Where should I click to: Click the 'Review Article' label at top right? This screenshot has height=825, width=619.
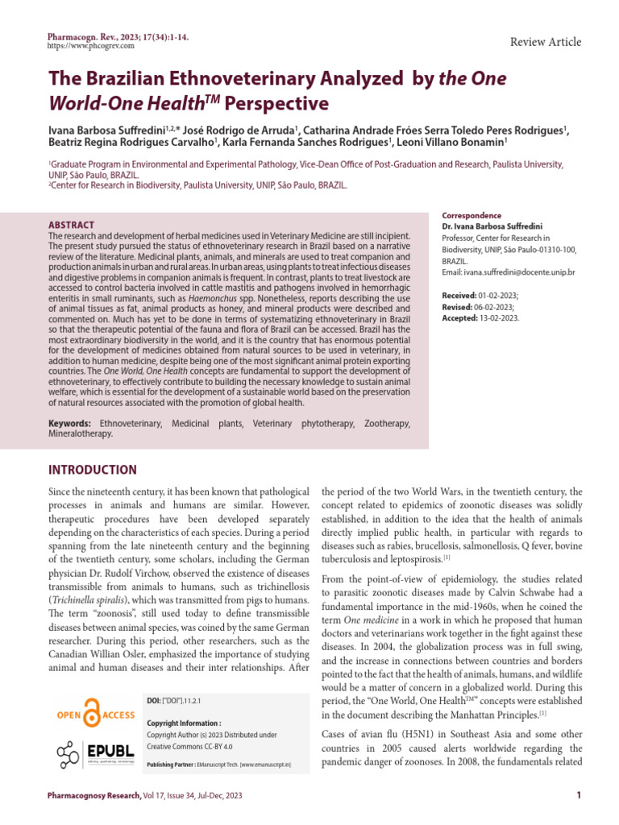pyautogui.click(x=546, y=43)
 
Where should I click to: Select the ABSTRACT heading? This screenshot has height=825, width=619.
pyautogui.click(x=72, y=225)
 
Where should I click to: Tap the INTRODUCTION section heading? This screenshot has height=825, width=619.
pyautogui.click(x=93, y=471)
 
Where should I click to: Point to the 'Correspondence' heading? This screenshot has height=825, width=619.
pyautogui.click(x=472, y=216)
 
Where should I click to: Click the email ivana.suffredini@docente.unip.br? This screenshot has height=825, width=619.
pyautogui.click(x=521, y=273)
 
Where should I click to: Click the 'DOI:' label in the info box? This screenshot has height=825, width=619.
pyautogui.click(x=154, y=701)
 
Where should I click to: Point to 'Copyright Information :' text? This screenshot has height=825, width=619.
pyautogui.click(x=184, y=723)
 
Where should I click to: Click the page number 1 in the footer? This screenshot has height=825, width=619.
pyautogui.click(x=580, y=796)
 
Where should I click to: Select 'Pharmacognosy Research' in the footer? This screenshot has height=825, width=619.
pyautogui.click(x=92, y=796)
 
